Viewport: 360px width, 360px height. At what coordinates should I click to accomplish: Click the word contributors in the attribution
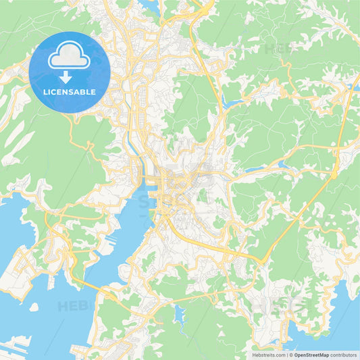343,355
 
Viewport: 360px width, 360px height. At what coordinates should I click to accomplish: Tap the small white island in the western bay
34,307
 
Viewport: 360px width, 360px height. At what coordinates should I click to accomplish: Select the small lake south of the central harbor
179,313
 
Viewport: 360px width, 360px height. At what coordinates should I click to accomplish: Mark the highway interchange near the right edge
334,174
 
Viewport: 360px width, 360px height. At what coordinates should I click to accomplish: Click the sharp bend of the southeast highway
261,260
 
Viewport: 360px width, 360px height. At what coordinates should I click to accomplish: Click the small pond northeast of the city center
234,104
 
